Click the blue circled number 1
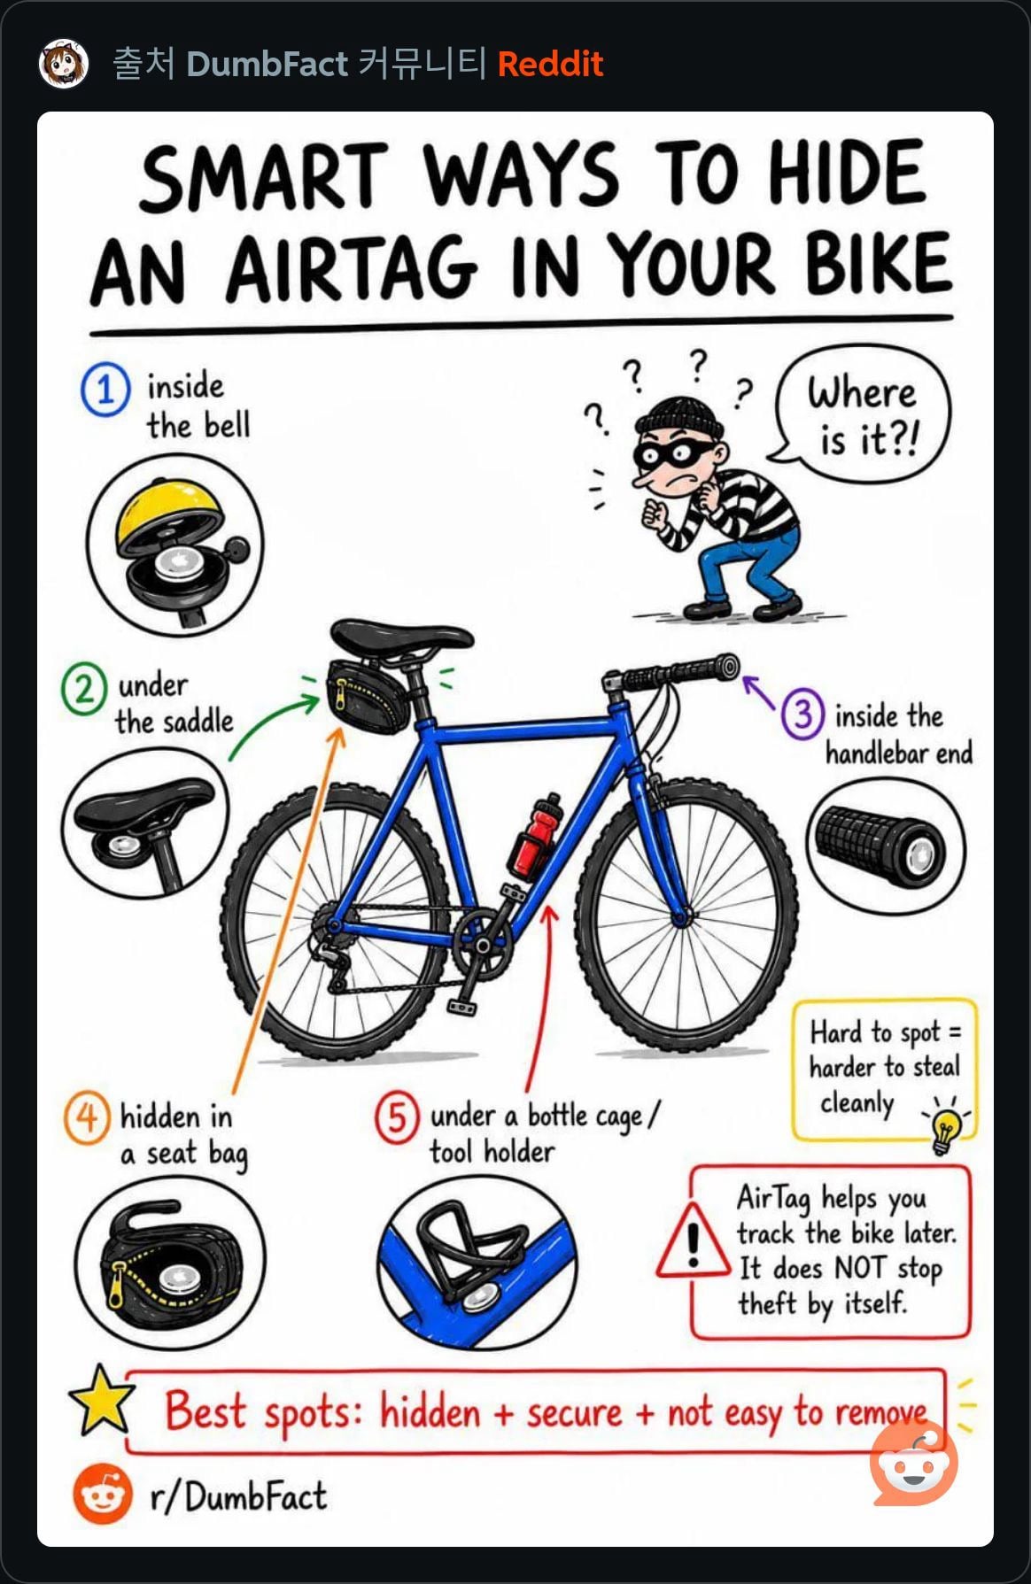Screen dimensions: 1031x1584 105,390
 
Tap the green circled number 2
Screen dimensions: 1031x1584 83,689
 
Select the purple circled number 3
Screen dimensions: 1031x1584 803,714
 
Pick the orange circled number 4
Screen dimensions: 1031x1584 87,1117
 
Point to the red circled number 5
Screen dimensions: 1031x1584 397,1117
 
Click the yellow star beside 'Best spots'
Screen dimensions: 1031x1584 102,1401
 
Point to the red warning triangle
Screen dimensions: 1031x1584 694,1241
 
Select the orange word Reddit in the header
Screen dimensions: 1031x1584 550,64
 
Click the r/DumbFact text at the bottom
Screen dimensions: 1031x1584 237,1496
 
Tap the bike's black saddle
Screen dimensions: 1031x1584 400,637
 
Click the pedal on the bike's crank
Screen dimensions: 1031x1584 462,1007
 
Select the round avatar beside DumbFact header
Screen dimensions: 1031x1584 64,64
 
